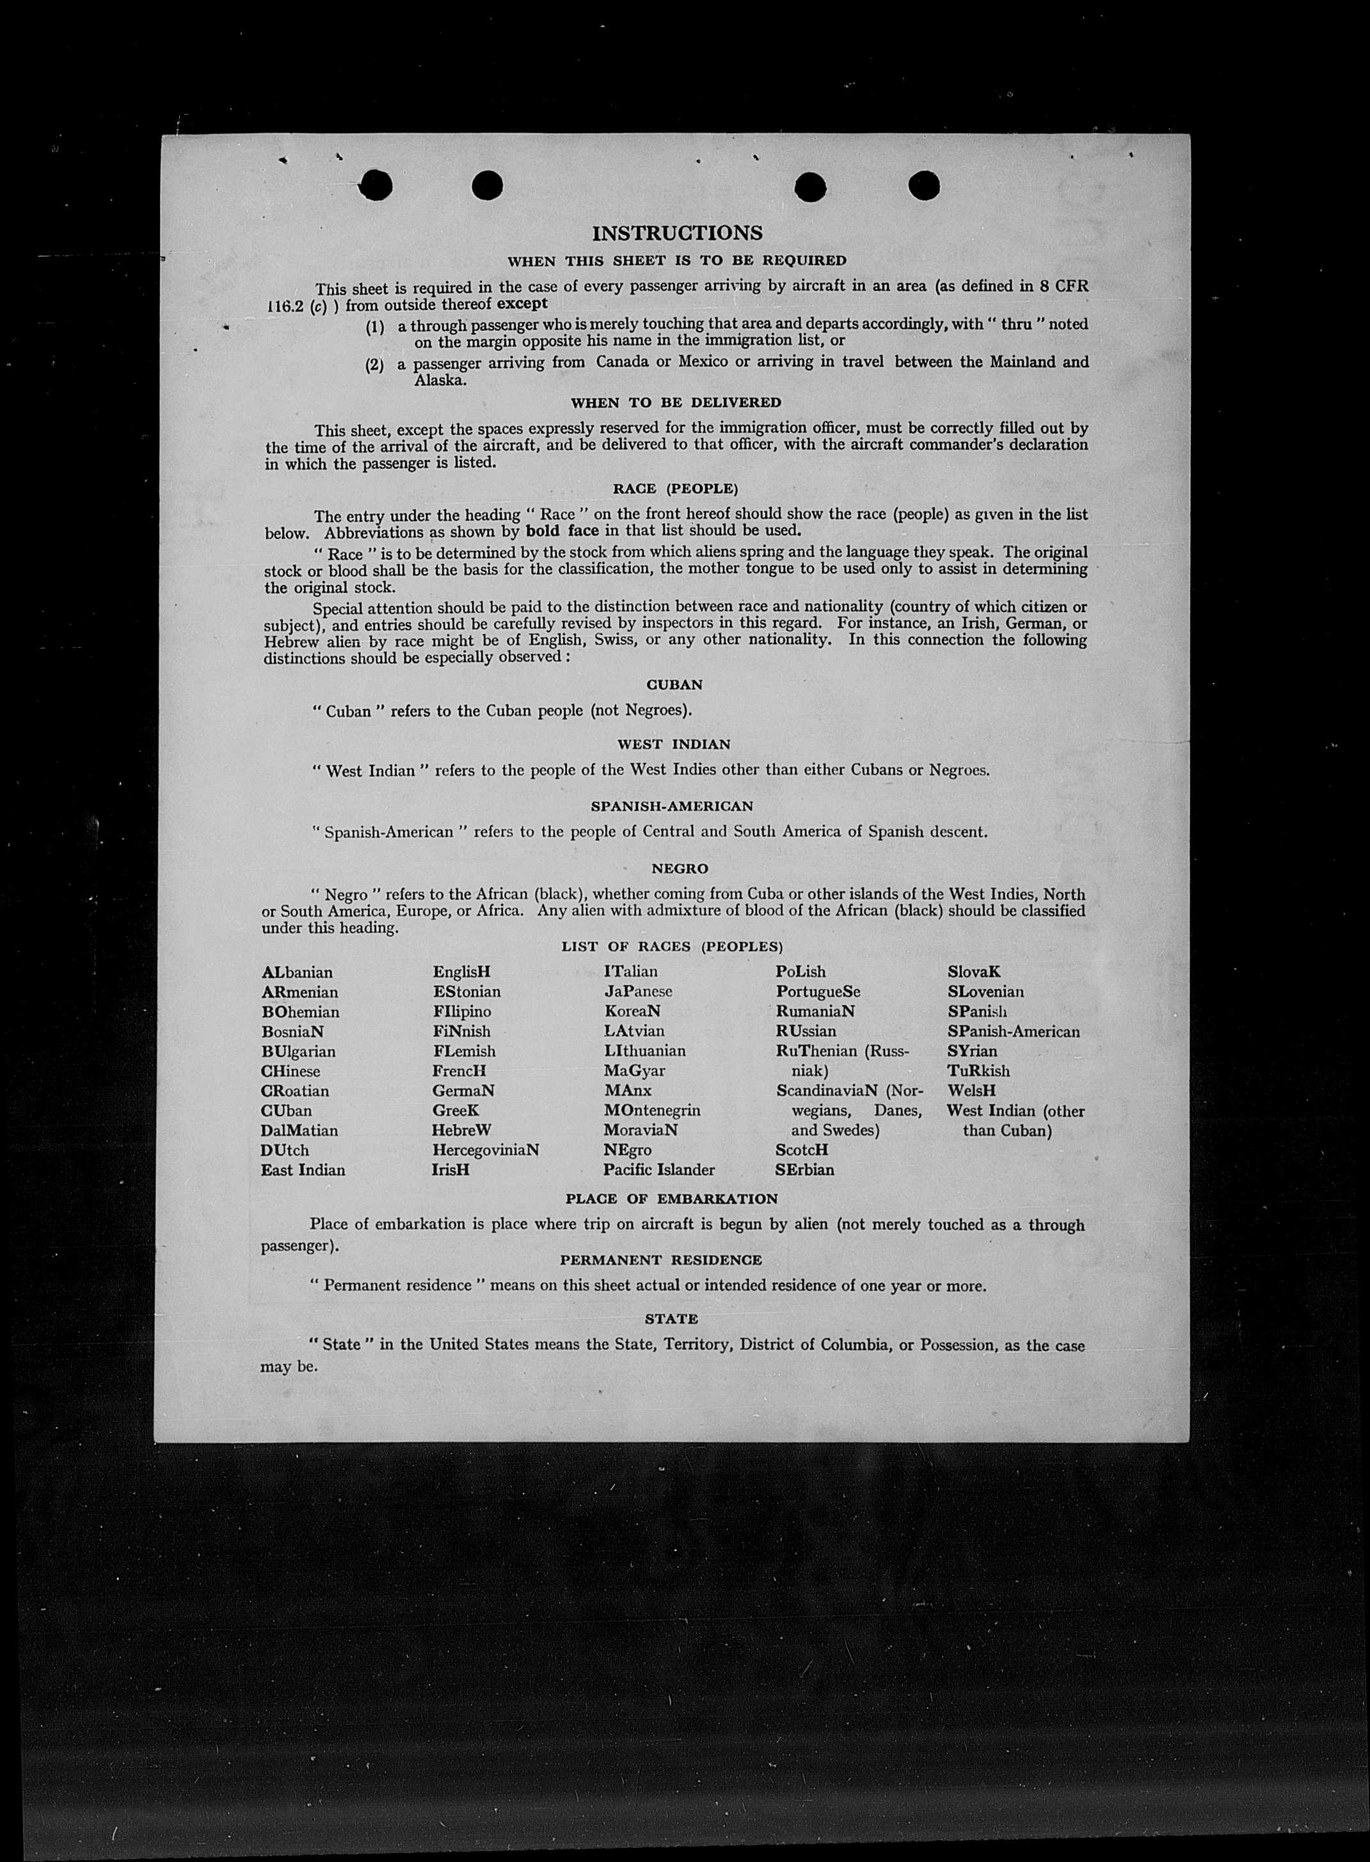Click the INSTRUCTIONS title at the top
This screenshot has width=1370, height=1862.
click(x=677, y=233)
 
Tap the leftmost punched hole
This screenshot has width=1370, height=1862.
click(x=376, y=185)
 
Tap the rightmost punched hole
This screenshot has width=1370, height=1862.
click(x=924, y=186)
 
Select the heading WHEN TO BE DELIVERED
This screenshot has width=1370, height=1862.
click(x=675, y=403)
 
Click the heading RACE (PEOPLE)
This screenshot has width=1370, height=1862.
click(x=675, y=490)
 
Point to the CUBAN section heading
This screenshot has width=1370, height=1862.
click(x=674, y=685)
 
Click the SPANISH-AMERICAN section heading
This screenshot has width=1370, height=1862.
click(x=672, y=806)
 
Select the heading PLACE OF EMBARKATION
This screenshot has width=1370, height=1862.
click(x=672, y=1200)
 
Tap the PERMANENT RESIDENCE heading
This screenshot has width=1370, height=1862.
click(x=661, y=1260)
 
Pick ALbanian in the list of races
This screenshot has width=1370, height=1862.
click(x=297, y=972)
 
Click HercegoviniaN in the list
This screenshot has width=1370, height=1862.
click(x=485, y=1150)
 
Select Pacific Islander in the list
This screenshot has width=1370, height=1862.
click(x=658, y=1170)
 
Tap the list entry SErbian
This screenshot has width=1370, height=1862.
click(x=804, y=1170)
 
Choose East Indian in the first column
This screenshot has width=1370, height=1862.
click(x=303, y=1170)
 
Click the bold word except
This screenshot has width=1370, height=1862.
click(x=522, y=303)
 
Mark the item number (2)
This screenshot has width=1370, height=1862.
click(x=375, y=364)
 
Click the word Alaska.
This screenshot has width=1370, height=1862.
click(x=440, y=381)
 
